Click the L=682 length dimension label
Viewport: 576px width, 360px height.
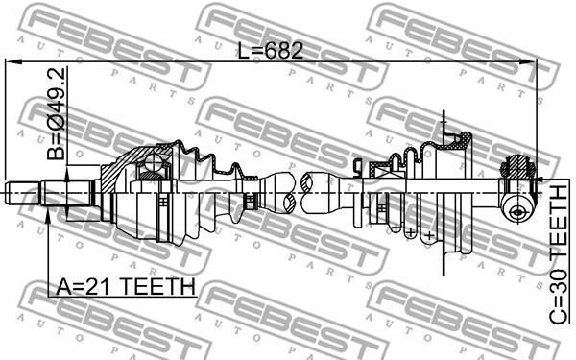(271, 51)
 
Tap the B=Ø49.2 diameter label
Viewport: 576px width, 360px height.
(57, 113)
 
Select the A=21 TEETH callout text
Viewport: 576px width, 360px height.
(126, 286)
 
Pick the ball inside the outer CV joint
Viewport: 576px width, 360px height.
(153, 162)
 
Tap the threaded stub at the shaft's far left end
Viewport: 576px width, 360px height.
(22, 193)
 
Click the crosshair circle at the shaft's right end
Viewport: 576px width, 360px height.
(517, 211)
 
